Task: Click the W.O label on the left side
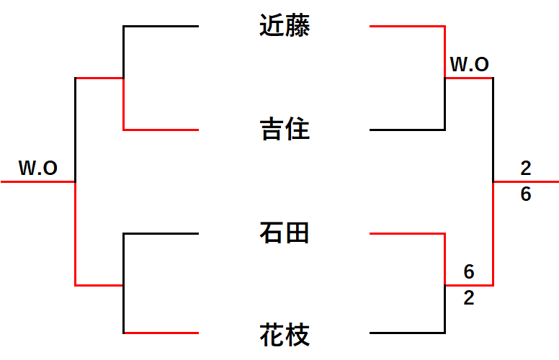38,168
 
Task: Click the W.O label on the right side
470,65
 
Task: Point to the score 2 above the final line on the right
526,168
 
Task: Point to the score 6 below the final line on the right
526,194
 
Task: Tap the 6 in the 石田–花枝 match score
469,272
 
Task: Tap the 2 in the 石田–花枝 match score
469,298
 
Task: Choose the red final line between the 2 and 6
526,182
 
